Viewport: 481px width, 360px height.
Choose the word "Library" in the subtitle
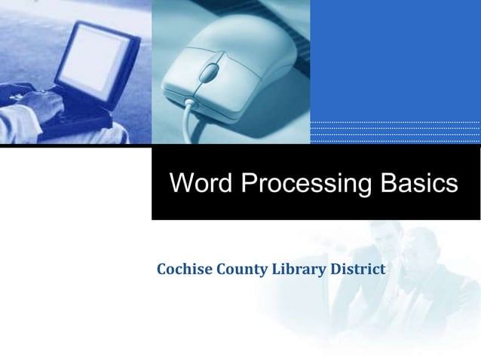295,269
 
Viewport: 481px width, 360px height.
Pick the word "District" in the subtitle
354,269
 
